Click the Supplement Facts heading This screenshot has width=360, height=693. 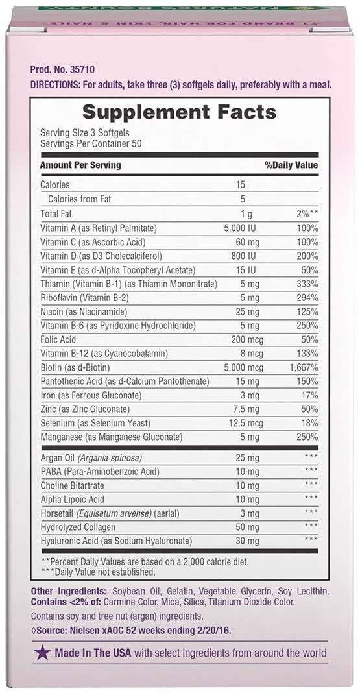pyautogui.click(x=180, y=112)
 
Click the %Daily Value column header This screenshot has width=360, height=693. pyautogui.click(x=291, y=165)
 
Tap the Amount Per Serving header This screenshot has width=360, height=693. pyautogui.click(x=80, y=165)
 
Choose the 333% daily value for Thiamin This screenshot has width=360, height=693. pyautogui.click(x=306, y=284)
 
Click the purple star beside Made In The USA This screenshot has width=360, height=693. pyautogui.click(x=43, y=652)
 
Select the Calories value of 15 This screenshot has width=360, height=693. pyautogui.click(x=241, y=185)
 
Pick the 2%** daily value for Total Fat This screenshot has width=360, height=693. pyautogui.click(x=305, y=213)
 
